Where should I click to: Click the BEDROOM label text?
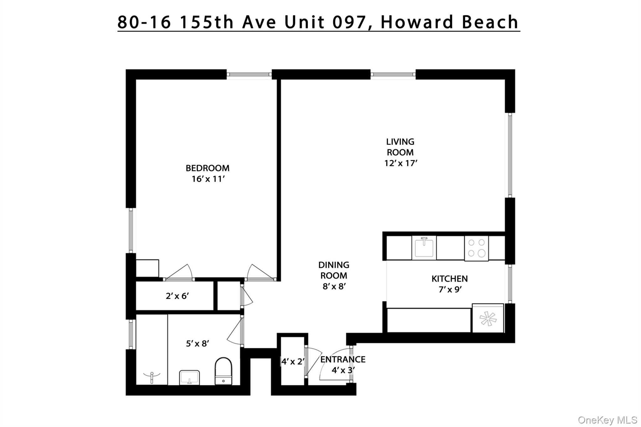click(208, 168)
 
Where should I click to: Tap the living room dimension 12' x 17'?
click(401, 163)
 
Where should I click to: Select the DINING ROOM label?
click(334, 270)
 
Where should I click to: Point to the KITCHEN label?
click(449, 279)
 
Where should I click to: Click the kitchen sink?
click(424, 248)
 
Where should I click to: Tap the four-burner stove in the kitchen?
click(476, 248)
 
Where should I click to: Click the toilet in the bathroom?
click(223, 371)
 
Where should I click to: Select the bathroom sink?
click(189, 378)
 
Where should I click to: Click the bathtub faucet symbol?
click(152, 377)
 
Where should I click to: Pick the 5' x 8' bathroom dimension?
click(197, 344)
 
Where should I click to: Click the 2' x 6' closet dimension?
click(177, 296)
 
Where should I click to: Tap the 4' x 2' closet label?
click(293, 362)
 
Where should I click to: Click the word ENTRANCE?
click(343, 359)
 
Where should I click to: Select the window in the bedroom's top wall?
click(249, 74)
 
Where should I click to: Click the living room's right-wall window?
click(510, 155)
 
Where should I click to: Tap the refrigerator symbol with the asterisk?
click(488, 319)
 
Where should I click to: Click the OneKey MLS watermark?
click(607, 420)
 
